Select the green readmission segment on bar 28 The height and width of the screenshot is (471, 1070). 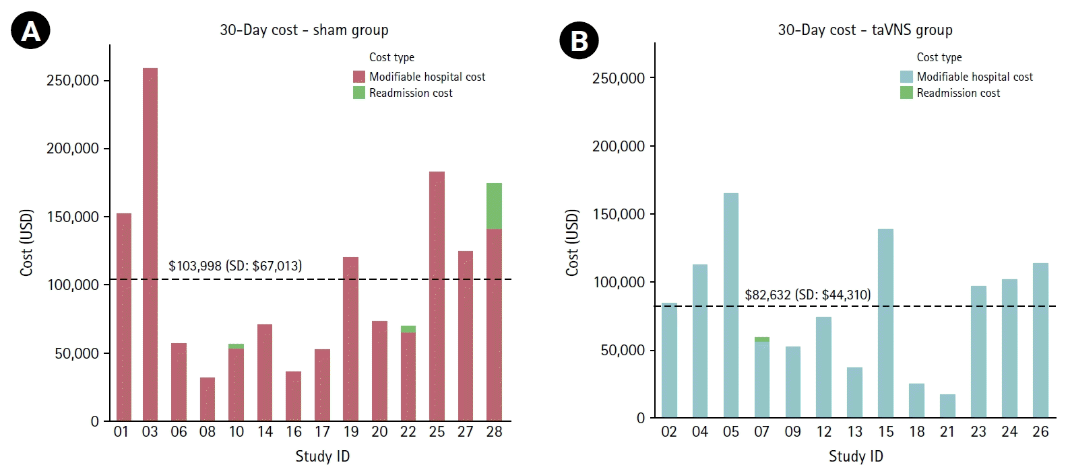(494, 206)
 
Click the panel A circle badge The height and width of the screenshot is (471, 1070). (31, 30)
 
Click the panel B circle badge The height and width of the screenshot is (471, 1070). (579, 40)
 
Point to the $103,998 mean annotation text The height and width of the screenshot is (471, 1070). (235, 266)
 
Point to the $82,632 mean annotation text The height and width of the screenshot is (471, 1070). (807, 295)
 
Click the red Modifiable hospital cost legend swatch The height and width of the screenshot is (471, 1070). (359, 77)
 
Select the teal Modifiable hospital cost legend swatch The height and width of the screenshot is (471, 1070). (906, 77)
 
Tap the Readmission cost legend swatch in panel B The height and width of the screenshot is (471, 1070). (906, 93)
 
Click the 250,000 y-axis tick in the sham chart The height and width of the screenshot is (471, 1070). (73, 81)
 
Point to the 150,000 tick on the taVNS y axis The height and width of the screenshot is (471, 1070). (619, 215)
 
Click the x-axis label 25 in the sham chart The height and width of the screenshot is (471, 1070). (437, 432)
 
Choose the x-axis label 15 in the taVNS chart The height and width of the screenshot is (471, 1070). (885, 432)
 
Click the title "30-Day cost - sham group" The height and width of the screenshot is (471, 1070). (304, 30)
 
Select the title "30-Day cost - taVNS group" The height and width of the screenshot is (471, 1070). (865, 30)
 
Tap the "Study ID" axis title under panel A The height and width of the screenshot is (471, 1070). (323, 456)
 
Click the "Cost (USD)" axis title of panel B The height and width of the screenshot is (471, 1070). (572, 242)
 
